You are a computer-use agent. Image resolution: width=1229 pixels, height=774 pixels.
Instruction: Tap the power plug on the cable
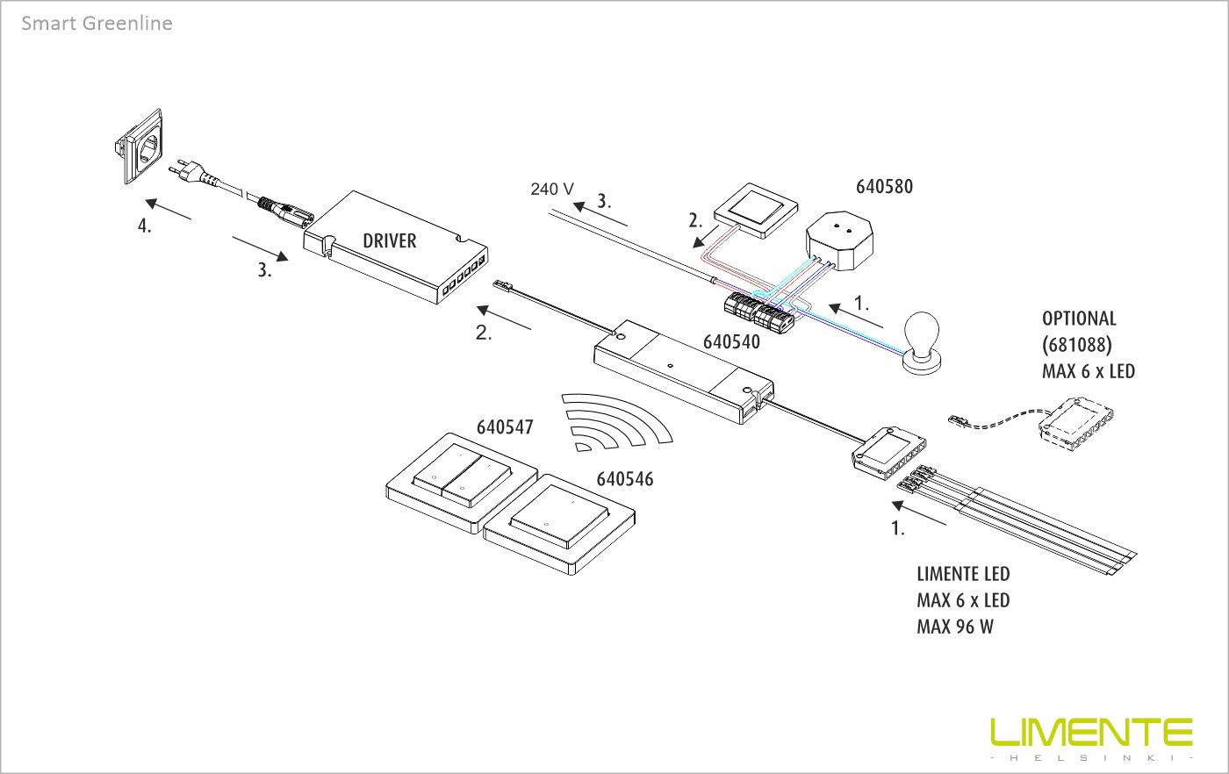click(190, 170)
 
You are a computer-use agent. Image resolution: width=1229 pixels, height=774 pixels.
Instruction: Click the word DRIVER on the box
click(389, 240)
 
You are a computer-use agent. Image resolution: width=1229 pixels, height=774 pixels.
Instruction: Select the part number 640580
click(884, 186)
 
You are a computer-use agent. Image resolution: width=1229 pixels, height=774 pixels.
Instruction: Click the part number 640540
click(731, 342)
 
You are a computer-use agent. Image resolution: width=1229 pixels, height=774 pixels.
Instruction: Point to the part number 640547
click(505, 427)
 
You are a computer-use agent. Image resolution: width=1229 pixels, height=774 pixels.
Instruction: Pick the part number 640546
click(625, 479)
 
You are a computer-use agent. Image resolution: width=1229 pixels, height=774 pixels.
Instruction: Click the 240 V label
click(552, 189)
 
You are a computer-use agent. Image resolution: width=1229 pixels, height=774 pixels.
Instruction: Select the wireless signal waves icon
click(614, 421)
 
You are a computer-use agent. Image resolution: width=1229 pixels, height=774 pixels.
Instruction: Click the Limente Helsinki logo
click(1091, 737)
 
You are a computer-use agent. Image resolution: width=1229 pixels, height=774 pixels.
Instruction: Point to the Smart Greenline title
click(97, 24)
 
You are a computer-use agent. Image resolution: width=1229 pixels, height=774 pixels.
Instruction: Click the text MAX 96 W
click(955, 627)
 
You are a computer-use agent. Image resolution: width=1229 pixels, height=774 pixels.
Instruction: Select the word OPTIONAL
click(1079, 319)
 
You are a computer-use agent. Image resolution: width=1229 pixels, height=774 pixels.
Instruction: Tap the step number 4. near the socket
click(145, 226)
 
